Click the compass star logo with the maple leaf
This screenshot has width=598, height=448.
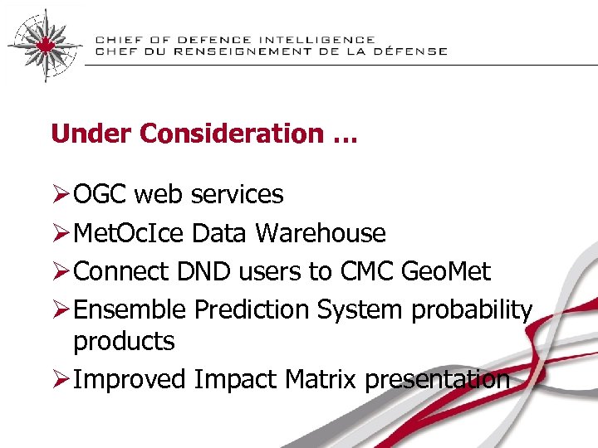pos(44,43)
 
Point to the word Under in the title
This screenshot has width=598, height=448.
pos(82,134)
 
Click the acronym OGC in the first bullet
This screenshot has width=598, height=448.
pos(100,195)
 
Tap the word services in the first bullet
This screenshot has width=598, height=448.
pos(237,195)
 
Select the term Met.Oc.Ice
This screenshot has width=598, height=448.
pos(130,234)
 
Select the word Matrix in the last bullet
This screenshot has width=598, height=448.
pos(321,380)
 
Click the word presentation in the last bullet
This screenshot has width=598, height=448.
pos(437,380)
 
